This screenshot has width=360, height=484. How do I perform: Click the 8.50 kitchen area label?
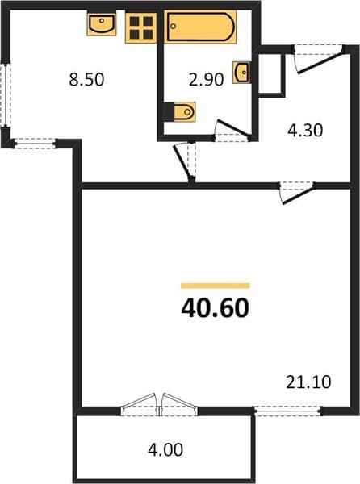coord(86,79)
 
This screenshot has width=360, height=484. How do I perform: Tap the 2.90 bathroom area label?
coord(206,79)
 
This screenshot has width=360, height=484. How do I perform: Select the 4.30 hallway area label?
coord(305,130)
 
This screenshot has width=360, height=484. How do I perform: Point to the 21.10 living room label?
coord(308,382)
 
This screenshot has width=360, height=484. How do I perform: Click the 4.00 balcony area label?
coord(165,450)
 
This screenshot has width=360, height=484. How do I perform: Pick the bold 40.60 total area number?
coord(216,308)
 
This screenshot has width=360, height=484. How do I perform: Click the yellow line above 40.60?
coord(216,286)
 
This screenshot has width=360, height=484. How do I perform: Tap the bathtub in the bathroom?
coord(200,27)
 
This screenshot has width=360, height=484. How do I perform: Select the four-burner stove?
coord(141,27)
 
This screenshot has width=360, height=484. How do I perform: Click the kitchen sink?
coord(102,23)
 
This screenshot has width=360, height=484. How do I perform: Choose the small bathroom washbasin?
coord(242,73)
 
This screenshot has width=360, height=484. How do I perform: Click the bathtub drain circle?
coord(174,27)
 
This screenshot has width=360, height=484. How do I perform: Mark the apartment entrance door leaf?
coord(320,62)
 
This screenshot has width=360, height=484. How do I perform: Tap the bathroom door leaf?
coord(234,129)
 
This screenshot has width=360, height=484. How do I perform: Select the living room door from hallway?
coord(298,195)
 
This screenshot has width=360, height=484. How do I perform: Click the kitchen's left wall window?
coord(6,94)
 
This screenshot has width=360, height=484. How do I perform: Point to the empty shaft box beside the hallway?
coord(270,73)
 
